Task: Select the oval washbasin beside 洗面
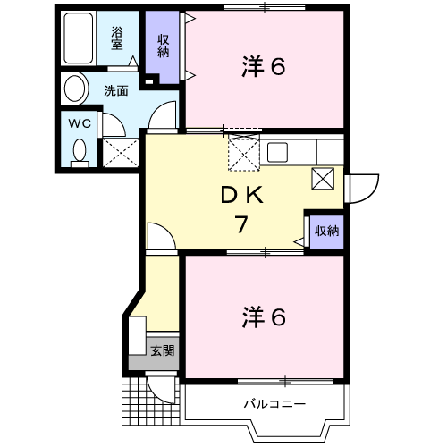74,89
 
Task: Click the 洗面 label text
115,90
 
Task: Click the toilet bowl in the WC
79,151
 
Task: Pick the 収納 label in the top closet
164,44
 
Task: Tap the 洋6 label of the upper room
264,67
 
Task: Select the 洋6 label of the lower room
264,316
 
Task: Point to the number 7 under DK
240,224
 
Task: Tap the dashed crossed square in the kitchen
243,153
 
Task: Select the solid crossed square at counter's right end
324,178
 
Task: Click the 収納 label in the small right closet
326,231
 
